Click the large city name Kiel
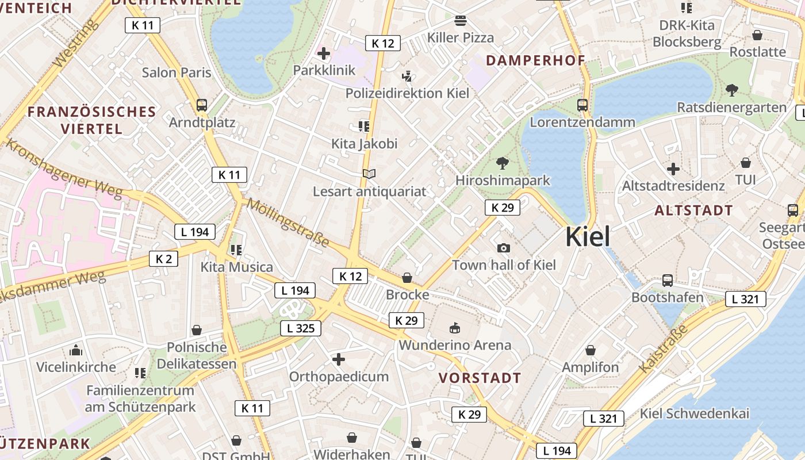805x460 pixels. tap(588, 237)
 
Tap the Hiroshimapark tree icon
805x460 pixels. tap(503, 163)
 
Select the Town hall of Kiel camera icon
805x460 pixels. tap(504, 248)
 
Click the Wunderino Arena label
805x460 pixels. tap(455, 345)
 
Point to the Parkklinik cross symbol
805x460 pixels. tap(324, 54)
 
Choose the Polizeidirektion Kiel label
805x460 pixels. tap(407, 93)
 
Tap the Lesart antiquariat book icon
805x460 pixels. tap(369, 174)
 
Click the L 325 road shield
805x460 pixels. tap(301, 328)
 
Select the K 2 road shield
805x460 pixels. tap(163, 259)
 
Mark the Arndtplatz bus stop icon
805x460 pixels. tap(202, 105)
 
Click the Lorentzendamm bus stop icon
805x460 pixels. tap(582, 105)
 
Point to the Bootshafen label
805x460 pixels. tap(667, 297)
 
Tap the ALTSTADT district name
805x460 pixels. tap(693, 210)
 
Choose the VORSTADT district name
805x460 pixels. tap(480, 378)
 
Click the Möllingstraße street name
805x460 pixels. tap(287, 223)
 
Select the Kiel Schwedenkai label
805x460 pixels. tap(694, 413)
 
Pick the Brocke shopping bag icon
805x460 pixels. tap(407, 278)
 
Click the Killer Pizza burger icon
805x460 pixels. tap(460, 21)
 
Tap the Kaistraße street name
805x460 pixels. tap(663, 348)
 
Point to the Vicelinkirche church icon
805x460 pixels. tap(76, 350)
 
